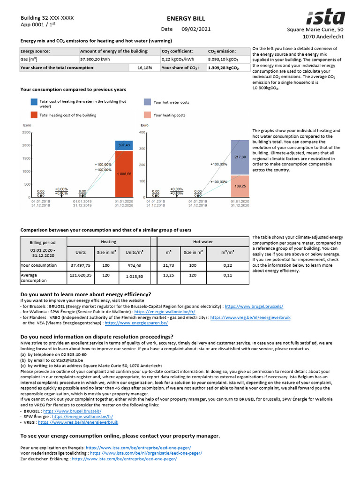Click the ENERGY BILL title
pyautogui.click(x=180, y=18)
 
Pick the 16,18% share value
pyautogui.click(x=144, y=67)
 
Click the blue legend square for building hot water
pyautogui.click(x=35, y=102)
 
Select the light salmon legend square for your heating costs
pyautogui.click(x=147, y=115)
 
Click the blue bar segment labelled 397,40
pyautogui.click(x=124, y=145)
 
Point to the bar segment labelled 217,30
pyautogui.click(x=240, y=157)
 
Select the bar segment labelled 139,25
pyautogui.click(x=240, y=186)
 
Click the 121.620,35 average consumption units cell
pyautogui.click(x=81, y=277)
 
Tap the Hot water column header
pyautogui.click(x=203, y=242)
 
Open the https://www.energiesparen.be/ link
pyautogui.click(x=136, y=323)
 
